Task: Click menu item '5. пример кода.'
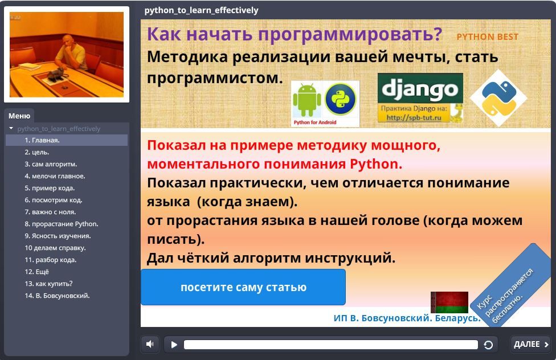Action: (x=50, y=188)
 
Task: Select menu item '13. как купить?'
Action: (x=48, y=284)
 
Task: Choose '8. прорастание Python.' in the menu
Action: (x=62, y=224)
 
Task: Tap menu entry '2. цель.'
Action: (x=37, y=152)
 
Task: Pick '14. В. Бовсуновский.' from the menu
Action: (x=57, y=296)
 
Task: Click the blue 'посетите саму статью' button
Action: (x=243, y=287)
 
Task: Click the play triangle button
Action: (x=174, y=345)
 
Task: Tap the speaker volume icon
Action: (x=150, y=344)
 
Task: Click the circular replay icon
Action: (x=488, y=345)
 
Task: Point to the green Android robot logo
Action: (x=306, y=100)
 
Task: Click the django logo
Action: (x=420, y=88)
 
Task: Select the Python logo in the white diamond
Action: (x=498, y=98)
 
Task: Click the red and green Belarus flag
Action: (x=449, y=302)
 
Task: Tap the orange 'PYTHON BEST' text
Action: (x=488, y=37)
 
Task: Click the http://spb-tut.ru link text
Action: (x=414, y=117)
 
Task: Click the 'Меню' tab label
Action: (x=19, y=116)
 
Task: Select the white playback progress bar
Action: (x=331, y=345)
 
